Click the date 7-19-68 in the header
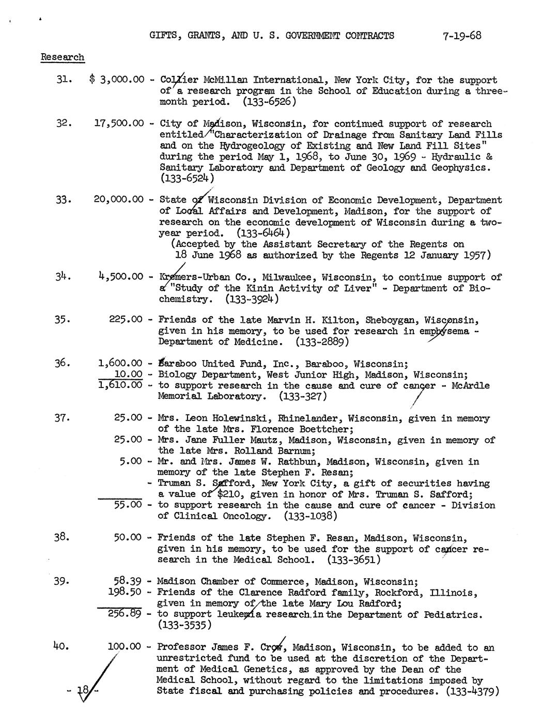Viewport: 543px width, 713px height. (x=462, y=36)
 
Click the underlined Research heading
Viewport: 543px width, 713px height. (x=62, y=57)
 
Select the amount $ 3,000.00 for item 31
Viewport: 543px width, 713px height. (x=116, y=80)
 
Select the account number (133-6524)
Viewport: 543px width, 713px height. (x=187, y=178)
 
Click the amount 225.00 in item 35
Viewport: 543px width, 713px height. (x=126, y=320)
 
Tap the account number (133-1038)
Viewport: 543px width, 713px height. (x=310, y=516)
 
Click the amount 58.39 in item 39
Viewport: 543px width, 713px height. (x=128, y=581)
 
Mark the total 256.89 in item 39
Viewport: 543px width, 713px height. (x=125, y=614)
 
